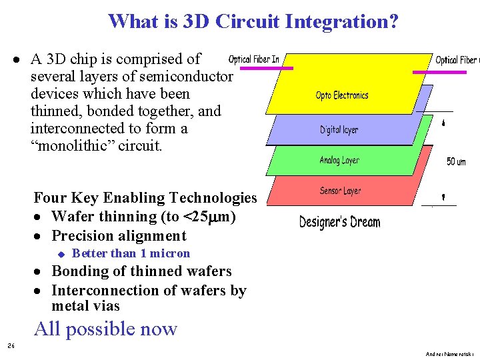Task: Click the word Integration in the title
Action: [341, 21]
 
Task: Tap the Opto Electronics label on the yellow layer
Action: [342, 95]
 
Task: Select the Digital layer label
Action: [339, 129]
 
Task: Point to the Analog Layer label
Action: [339, 160]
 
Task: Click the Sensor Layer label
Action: [340, 191]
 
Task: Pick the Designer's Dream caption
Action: [339, 221]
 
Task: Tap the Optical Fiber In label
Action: [253, 59]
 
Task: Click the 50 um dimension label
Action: [456, 161]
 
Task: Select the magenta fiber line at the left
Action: [266, 68]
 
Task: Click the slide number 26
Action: [11, 345]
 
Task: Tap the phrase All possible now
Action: [105, 329]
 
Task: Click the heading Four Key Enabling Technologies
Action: [145, 198]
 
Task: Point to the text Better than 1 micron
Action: [131, 253]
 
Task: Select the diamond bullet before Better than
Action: [59, 254]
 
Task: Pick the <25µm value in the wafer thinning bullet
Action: [209, 217]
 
